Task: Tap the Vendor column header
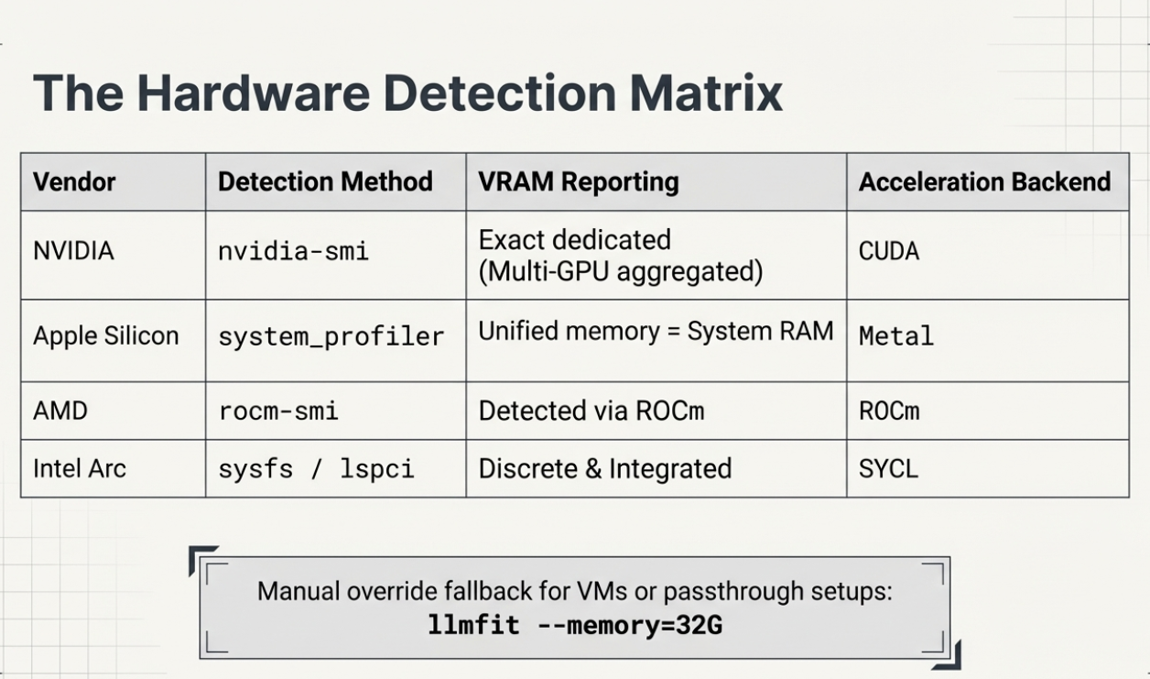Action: tap(74, 181)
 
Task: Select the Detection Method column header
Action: tap(325, 181)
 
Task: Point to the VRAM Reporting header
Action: tap(578, 181)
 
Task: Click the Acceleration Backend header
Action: tap(984, 181)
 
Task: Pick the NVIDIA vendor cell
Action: tap(73, 251)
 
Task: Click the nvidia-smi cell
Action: tap(293, 252)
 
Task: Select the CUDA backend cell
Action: tap(888, 252)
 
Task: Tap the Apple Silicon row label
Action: tap(106, 335)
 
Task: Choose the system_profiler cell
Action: tap(331, 336)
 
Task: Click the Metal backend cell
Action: tap(895, 336)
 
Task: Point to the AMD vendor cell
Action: tap(60, 411)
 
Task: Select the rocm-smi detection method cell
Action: tap(278, 411)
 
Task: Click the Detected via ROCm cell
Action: tap(591, 411)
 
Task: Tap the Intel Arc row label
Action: tap(80, 468)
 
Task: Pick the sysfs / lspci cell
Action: tap(316, 469)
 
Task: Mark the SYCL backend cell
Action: tap(888, 469)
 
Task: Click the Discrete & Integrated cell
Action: tap(605, 469)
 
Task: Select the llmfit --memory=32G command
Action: tap(575, 627)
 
